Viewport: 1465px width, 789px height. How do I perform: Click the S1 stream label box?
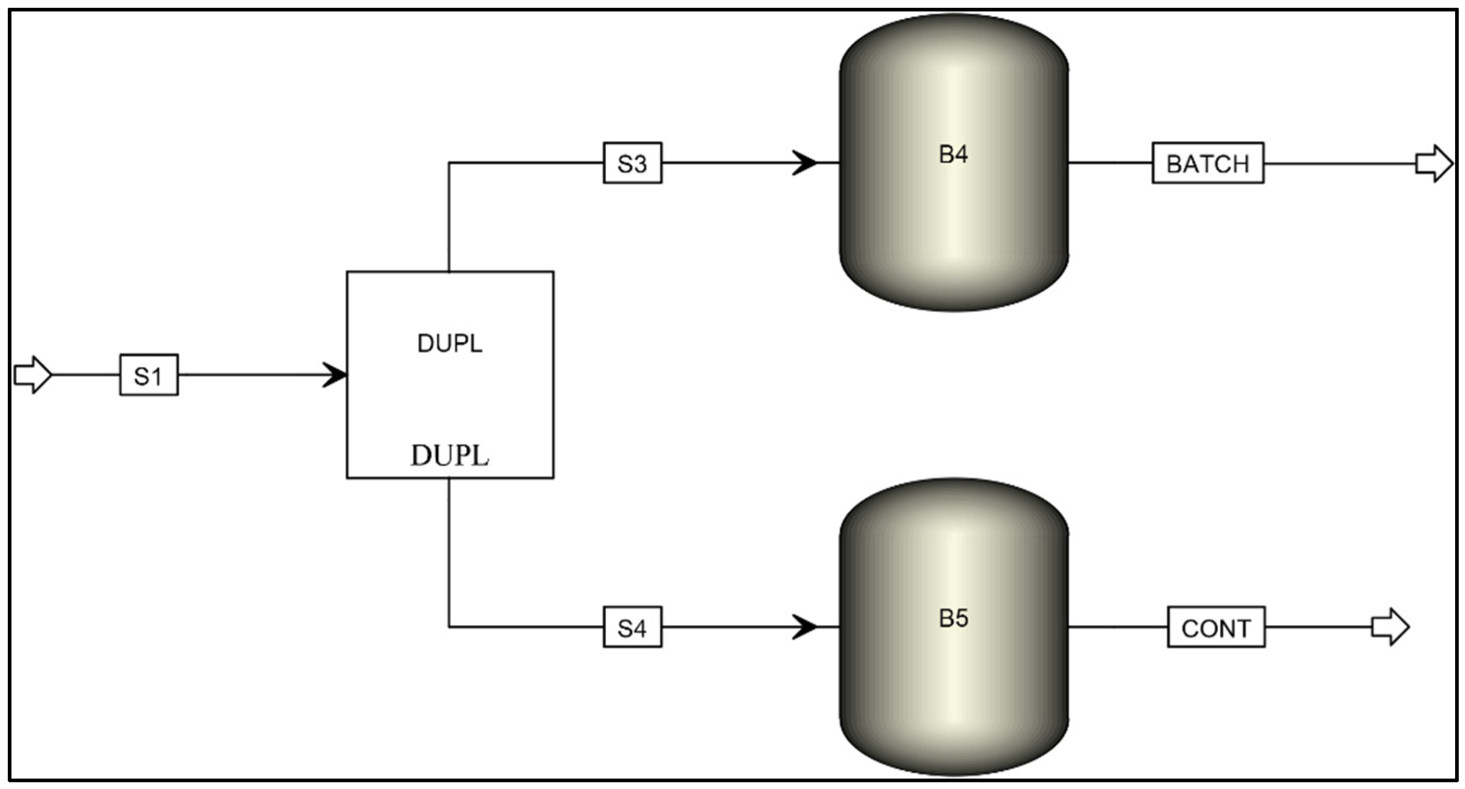tap(148, 375)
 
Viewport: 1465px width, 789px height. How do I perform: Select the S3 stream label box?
tap(632, 163)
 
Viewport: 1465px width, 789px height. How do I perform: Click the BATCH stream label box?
tap(1208, 163)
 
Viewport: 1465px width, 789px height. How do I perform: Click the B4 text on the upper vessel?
tap(953, 154)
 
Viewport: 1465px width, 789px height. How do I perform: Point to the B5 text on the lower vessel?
tap(953, 618)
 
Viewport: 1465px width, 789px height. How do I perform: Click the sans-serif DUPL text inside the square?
tap(450, 343)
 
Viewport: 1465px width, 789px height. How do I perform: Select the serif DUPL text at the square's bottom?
tap(450, 455)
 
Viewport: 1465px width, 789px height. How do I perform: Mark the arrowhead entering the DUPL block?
tap(336, 375)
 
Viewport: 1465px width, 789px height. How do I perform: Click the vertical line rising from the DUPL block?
tap(449, 216)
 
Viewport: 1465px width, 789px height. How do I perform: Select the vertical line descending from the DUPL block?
tap(449, 552)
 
